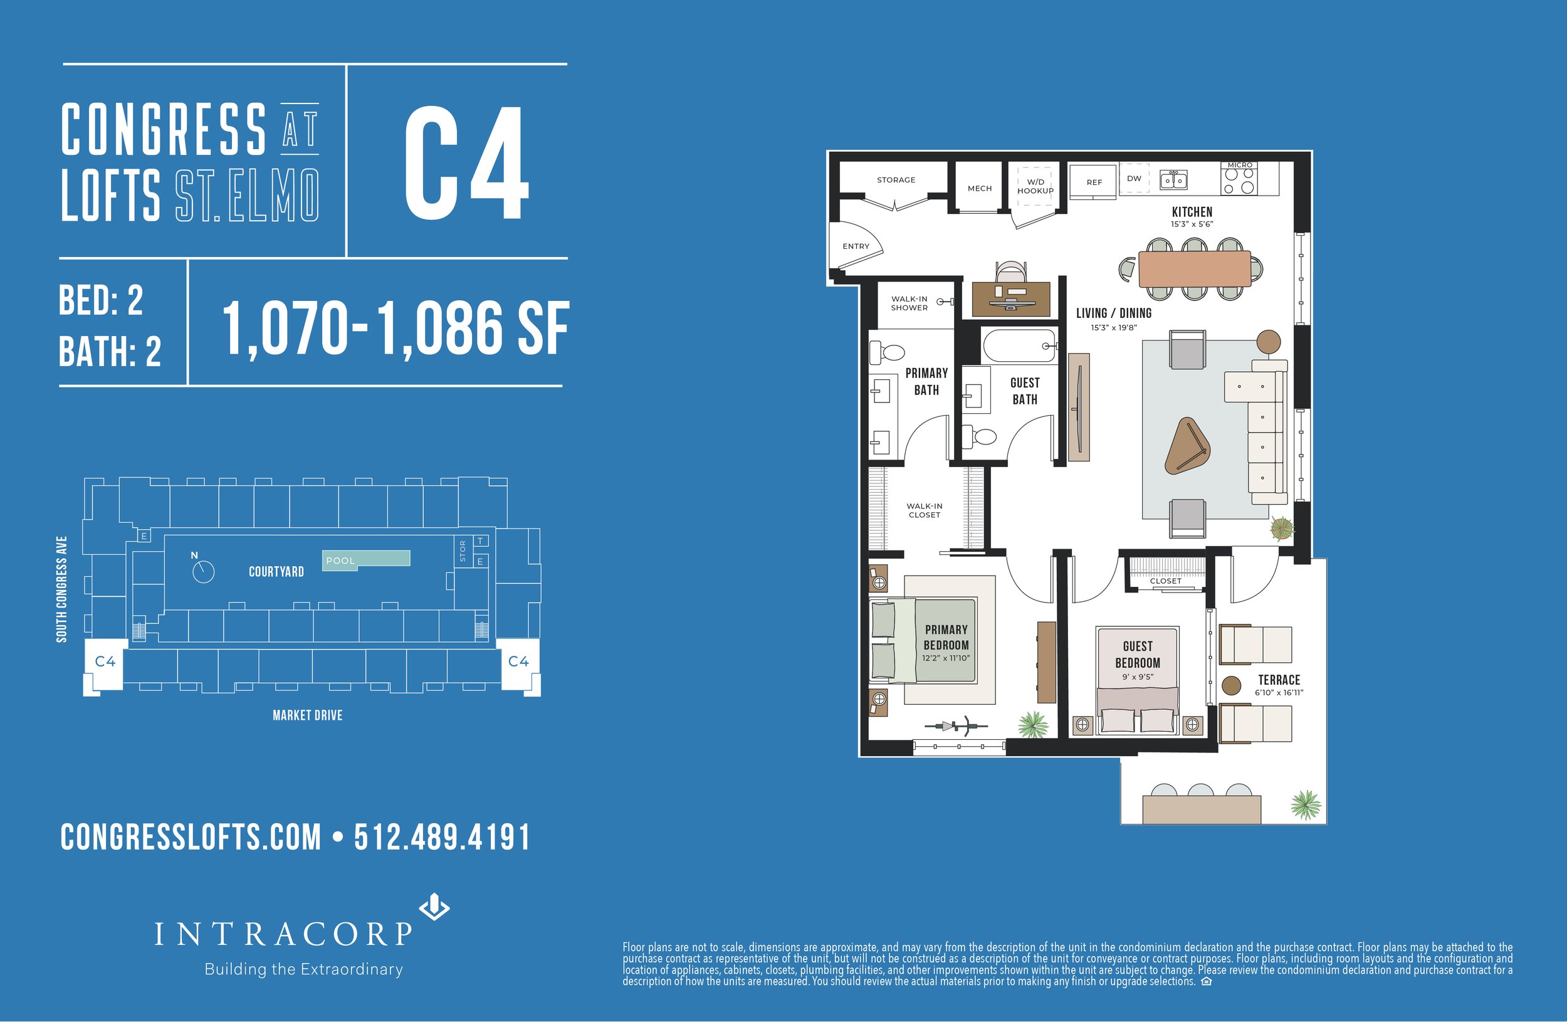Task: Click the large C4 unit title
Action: [466, 162]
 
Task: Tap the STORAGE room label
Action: [896, 180]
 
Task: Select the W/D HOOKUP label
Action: [1035, 186]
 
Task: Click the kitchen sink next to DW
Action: [1173, 180]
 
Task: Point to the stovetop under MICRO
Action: [1239, 181]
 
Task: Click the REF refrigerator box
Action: [1094, 182]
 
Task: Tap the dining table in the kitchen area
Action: [1194, 269]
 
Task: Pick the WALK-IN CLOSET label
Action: [925, 510]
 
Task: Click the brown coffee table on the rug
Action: [1187, 446]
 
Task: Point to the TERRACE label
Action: [1279, 680]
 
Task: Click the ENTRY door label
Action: [856, 246]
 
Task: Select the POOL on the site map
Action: [366, 560]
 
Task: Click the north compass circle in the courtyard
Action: [204, 572]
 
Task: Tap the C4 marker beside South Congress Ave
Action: [105, 661]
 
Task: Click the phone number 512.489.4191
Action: [442, 838]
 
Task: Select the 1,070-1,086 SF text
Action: [395, 329]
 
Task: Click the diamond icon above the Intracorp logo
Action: [434, 907]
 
